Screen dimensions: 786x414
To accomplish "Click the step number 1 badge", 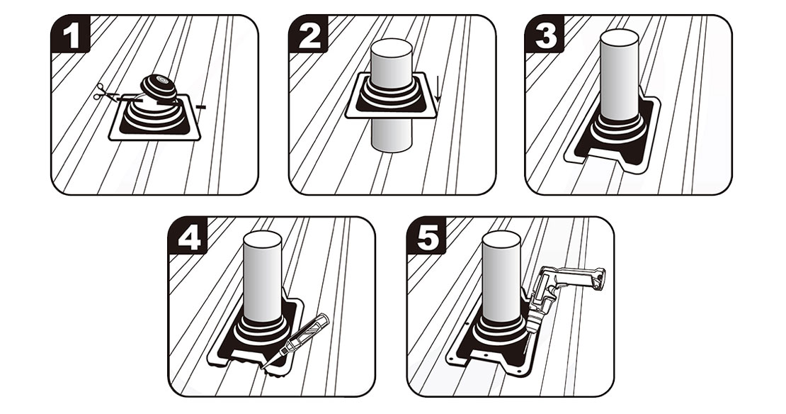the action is (71, 35).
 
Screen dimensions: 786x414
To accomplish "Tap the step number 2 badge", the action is (308, 35).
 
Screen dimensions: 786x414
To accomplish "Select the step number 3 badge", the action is (545, 35).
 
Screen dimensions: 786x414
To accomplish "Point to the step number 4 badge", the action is (188, 236).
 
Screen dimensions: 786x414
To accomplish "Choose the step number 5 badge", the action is (426, 236).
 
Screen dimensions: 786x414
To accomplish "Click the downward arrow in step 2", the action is (438, 90).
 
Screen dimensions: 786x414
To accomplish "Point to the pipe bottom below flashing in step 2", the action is (392, 135).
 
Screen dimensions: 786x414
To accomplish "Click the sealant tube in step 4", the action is (296, 340).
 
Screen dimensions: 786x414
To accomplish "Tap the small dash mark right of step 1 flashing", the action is (200, 106).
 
